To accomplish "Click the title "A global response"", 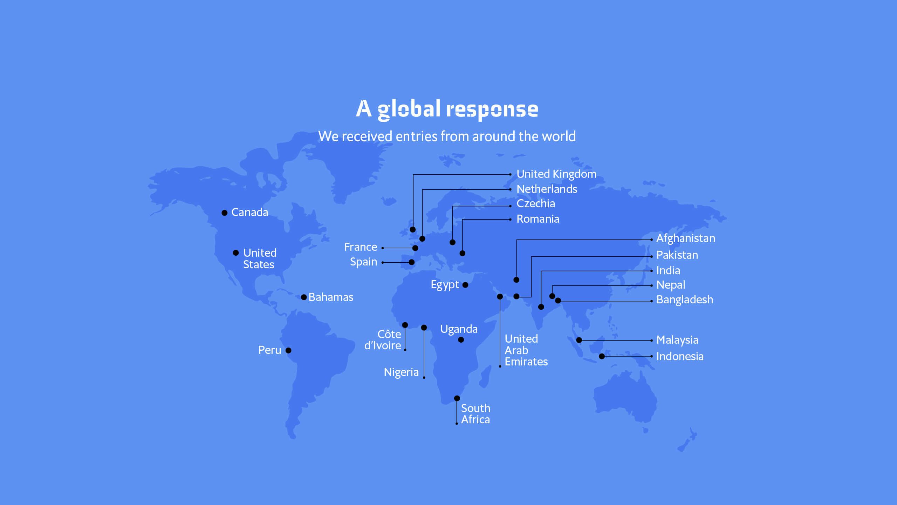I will [x=447, y=109].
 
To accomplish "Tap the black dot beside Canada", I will [x=225, y=213].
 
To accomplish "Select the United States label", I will [x=260, y=258].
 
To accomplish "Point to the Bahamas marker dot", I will [x=304, y=297].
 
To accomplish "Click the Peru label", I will [x=269, y=350].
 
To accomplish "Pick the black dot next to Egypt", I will [x=465, y=285].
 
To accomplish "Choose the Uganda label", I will [x=459, y=329].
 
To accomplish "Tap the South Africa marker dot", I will [x=457, y=398].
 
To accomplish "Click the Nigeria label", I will [x=401, y=372].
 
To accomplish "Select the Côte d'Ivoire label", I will [x=383, y=340].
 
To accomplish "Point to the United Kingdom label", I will [x=556, y=174].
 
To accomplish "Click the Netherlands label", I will [x=547, y=189].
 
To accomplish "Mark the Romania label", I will [x=538, y=219].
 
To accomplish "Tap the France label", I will [x=361, y=247].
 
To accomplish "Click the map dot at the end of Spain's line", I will [x=412, y=262].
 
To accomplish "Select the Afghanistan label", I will [x=685, y=238].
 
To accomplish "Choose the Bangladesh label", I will [x=684, y=300].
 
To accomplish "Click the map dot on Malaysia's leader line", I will [x=579, y=340].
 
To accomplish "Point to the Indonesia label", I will [x=680, y=357].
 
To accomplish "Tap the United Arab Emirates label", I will [x=526, y=350].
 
